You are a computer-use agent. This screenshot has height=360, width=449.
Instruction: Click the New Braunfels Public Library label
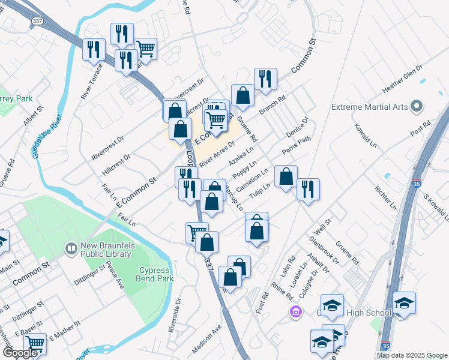pyautogui.click(x=112, y=252)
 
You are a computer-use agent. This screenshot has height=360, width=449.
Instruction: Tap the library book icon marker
pyautogui.click(x=71, y=247)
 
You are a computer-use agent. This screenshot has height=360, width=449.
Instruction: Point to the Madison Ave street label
pyautogui.click(x=207, y=340)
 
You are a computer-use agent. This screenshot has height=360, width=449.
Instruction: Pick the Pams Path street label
pyautogui.click(x=297, y=145)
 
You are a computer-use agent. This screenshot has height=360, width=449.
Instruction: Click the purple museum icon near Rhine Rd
pyautogui.click(x=295, y=312)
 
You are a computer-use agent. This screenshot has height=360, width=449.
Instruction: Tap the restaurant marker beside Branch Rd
pyautogui.click(x=265, y=79)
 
